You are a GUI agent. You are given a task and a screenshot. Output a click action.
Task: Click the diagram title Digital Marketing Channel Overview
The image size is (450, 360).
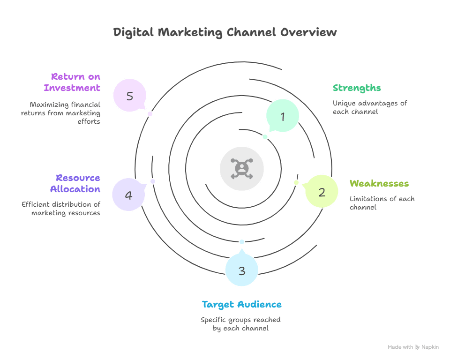click(225, 32)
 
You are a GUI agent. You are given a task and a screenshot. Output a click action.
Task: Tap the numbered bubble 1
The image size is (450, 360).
click(283, 116)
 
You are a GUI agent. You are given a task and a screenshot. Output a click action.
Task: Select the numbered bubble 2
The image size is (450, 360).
click(322, 191)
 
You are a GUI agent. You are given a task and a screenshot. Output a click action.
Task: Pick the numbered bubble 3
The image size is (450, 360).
click(241, 270)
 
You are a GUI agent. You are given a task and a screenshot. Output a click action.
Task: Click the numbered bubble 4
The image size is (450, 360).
click(128, 195)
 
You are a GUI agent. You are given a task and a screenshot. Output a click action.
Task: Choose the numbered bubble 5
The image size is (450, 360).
click(130, 96)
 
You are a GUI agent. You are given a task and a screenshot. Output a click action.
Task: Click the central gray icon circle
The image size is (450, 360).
click(242, 169)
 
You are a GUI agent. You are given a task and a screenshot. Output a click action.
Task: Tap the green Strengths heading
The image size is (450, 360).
click(356, 88)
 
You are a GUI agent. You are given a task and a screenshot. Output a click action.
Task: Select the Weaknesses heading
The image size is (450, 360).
click(379, 183)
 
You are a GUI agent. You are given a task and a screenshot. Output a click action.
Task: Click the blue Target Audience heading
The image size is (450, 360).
click(241, 305)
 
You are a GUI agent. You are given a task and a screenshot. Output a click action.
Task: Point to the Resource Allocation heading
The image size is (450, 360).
click(78, 183)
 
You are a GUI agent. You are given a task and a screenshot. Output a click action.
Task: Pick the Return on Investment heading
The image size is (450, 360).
click(72, 82)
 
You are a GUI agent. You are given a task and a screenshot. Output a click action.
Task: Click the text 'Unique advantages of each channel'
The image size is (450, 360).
click(369, 107)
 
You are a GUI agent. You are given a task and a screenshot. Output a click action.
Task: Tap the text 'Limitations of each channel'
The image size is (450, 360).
click(382, 202)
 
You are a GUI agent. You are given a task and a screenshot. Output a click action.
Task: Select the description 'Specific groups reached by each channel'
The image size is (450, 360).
click(241, 324)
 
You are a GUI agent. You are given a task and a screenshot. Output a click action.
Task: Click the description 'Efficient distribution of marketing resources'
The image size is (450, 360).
click(61, 209)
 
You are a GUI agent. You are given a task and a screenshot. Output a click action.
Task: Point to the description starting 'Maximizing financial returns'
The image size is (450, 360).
click(61, 113)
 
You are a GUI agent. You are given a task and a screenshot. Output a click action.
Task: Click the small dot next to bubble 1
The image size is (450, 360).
click(265, 137)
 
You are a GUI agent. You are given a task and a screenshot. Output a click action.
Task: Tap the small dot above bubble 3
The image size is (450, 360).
click(242, 241)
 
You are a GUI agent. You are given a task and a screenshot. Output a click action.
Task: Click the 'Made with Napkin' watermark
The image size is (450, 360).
click(413, 347)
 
